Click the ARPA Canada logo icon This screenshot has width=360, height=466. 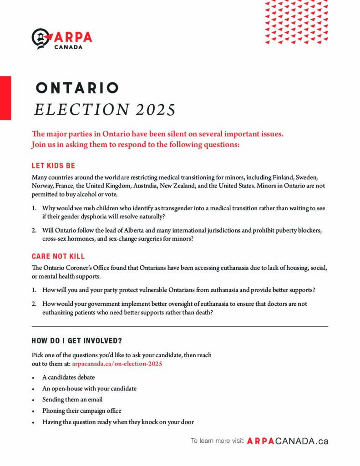(41, 38)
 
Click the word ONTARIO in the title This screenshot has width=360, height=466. (77, 88)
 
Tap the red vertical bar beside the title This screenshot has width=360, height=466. (5, 98)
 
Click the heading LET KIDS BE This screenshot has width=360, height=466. (53, 166)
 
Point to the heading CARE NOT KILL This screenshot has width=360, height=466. (58, 257)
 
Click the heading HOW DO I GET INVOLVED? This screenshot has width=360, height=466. (76, 340)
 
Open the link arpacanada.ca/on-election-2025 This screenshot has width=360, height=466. (117, 364)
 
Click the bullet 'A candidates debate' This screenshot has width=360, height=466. (68, 378)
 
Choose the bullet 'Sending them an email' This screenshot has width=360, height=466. (72, 400)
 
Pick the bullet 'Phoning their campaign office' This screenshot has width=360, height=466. (81, 411)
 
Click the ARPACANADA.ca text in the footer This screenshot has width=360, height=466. (287, 441)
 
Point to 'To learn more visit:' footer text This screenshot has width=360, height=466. (218, 441)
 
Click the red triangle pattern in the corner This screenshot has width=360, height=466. (296, 22)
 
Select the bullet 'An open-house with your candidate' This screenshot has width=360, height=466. (89, 389)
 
